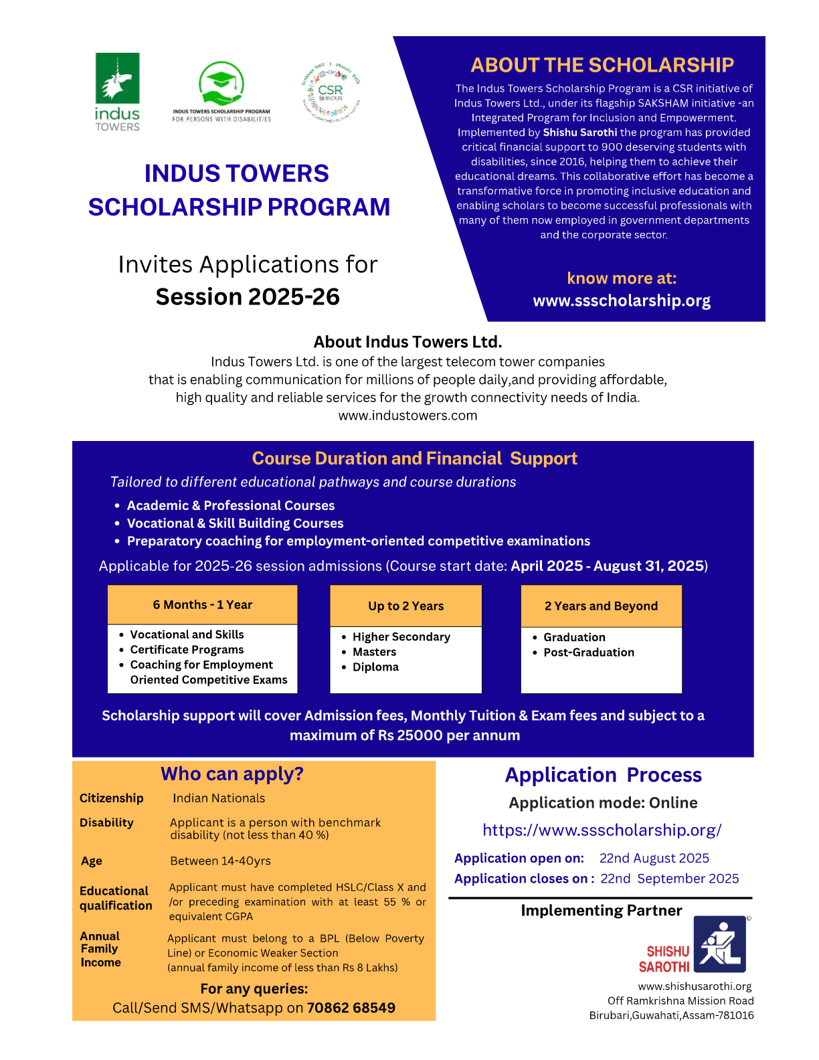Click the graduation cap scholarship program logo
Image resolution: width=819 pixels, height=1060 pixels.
[x=221, y=87]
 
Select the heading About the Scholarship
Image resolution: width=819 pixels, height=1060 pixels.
[x=602, y=65]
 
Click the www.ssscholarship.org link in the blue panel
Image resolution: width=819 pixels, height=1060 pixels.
[x=622, y=300]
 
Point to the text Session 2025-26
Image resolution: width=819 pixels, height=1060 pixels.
[x=248, y=296]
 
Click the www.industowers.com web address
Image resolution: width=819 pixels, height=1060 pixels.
[x=407, y=416]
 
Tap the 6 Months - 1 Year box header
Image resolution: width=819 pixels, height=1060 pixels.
[x=202, y=605]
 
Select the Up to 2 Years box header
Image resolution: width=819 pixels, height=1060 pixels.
[x=405, y=606]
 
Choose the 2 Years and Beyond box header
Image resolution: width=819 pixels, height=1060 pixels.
[x=601, y=606]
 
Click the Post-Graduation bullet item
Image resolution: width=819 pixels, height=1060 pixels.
[x=588, y=652]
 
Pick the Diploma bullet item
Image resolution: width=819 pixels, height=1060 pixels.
[x=375, y=667]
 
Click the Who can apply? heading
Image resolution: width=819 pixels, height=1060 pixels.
[x=232, y=774]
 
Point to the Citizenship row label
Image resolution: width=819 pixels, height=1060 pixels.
[x=112, y=798]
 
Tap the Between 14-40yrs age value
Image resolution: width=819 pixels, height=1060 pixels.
[x=220, y=861]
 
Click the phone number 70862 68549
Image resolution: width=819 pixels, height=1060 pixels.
[x=351, y=1008]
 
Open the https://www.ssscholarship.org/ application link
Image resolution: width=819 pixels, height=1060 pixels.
[x=602, y=830]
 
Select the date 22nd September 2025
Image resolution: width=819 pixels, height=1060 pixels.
[x=670, y=879]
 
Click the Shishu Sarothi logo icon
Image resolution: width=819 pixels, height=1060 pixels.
[x=719, y=944]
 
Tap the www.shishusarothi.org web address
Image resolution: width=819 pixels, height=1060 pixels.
[x=695, y=986]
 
